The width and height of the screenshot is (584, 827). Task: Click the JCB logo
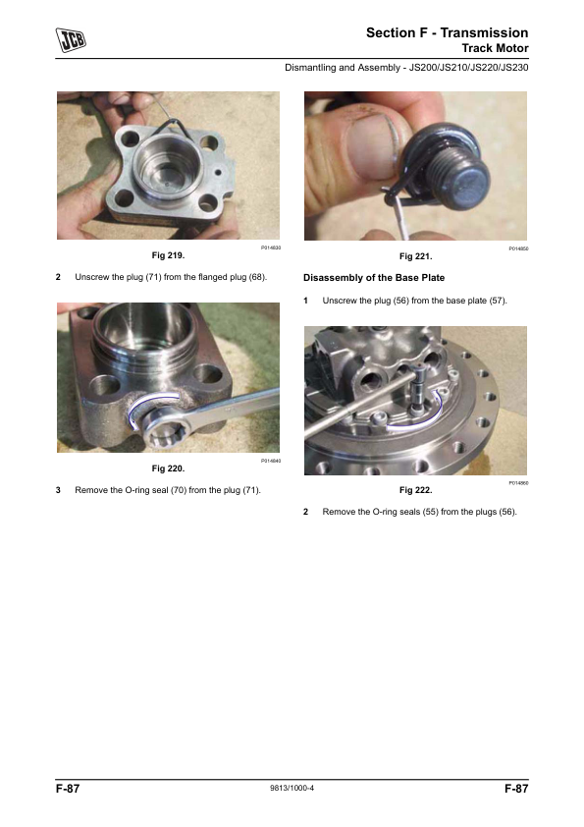pyautogui.click(x=71, y=40)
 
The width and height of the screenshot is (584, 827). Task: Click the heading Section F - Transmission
pyautogui.click(x=447, y=32)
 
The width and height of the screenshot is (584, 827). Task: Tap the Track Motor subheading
pyautogui.click(x=495, y=48)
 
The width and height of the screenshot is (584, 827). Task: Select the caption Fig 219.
pyautogui.click(x=168, y=255)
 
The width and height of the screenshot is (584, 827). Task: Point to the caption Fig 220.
pyautogui.click(x=168, y=469)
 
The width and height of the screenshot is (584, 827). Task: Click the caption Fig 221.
pyautogui.click(x=415, y=256)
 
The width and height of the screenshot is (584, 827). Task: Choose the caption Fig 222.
pyautogui.click(x=415, y=490)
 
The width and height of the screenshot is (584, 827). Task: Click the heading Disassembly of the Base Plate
pyautogui.click(x=374, y=278)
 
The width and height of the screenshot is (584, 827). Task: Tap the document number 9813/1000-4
pyautogui.click(x=292, y=788)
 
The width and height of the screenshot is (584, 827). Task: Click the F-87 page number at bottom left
pyautogui.click(x=68, y=789)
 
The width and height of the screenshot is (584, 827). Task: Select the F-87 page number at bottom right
pyautogui.click(x=516, y=789)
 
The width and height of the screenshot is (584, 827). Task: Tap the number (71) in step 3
pyautogui.click(x=250, y=490)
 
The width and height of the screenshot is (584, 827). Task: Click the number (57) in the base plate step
pyautogui.click(x=498, y=301)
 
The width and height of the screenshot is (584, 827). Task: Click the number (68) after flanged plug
pyautogui.click(x=257, y=277)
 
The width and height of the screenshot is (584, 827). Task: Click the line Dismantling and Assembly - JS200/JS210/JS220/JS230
pyautogui.click(x=406, y=68)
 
